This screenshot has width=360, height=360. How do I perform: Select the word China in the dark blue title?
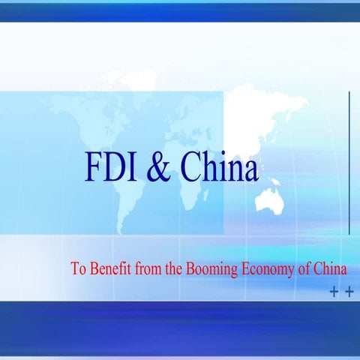218,168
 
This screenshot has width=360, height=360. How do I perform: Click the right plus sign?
349,292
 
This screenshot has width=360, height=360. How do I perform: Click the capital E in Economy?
247,268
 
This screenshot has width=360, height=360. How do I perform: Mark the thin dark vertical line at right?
350,161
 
